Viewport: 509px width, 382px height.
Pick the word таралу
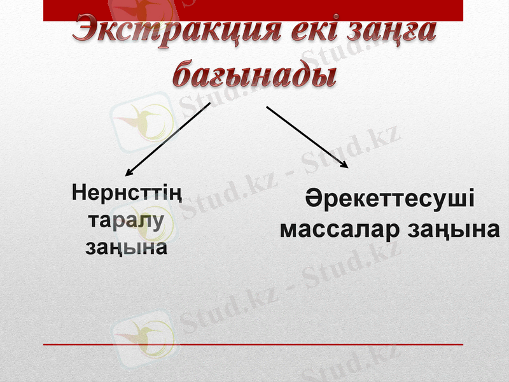[127, 220]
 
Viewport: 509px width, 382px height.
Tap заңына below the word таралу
[127, 246]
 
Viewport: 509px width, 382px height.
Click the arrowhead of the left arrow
[129, 171]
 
